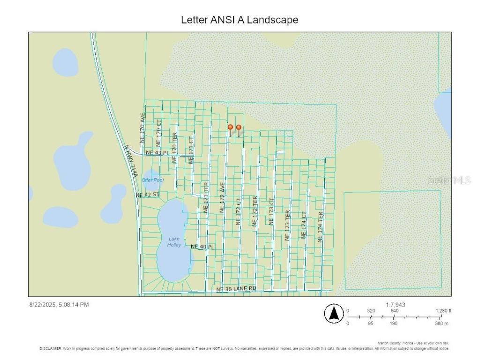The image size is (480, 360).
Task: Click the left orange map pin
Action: [230, 127]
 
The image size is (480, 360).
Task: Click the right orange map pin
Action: [239, 127]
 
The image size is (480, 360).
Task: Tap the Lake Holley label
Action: [174, 242]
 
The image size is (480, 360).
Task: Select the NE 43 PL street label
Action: [157, 153]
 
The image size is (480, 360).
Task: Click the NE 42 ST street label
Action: [148, 195]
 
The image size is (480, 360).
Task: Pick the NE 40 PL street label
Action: [202, 247]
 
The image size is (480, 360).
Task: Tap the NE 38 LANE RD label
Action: [236, 289]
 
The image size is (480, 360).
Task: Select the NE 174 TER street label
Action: [321, 227]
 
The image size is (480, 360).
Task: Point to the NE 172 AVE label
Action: [223, 198]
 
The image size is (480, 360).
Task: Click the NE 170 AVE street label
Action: [142, 127]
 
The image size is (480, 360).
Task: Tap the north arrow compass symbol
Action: [334, 313]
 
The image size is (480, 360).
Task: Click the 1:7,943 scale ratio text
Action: [395, 305]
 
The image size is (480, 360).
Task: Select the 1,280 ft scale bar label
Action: [442, 310]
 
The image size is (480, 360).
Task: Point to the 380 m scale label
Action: [442, 323]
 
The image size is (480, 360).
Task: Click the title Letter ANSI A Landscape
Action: [240, 20]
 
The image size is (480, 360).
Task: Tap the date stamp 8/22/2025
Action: [43, 305]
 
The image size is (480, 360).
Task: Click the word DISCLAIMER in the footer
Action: [51, 349]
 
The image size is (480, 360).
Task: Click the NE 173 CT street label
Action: [271, 211]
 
